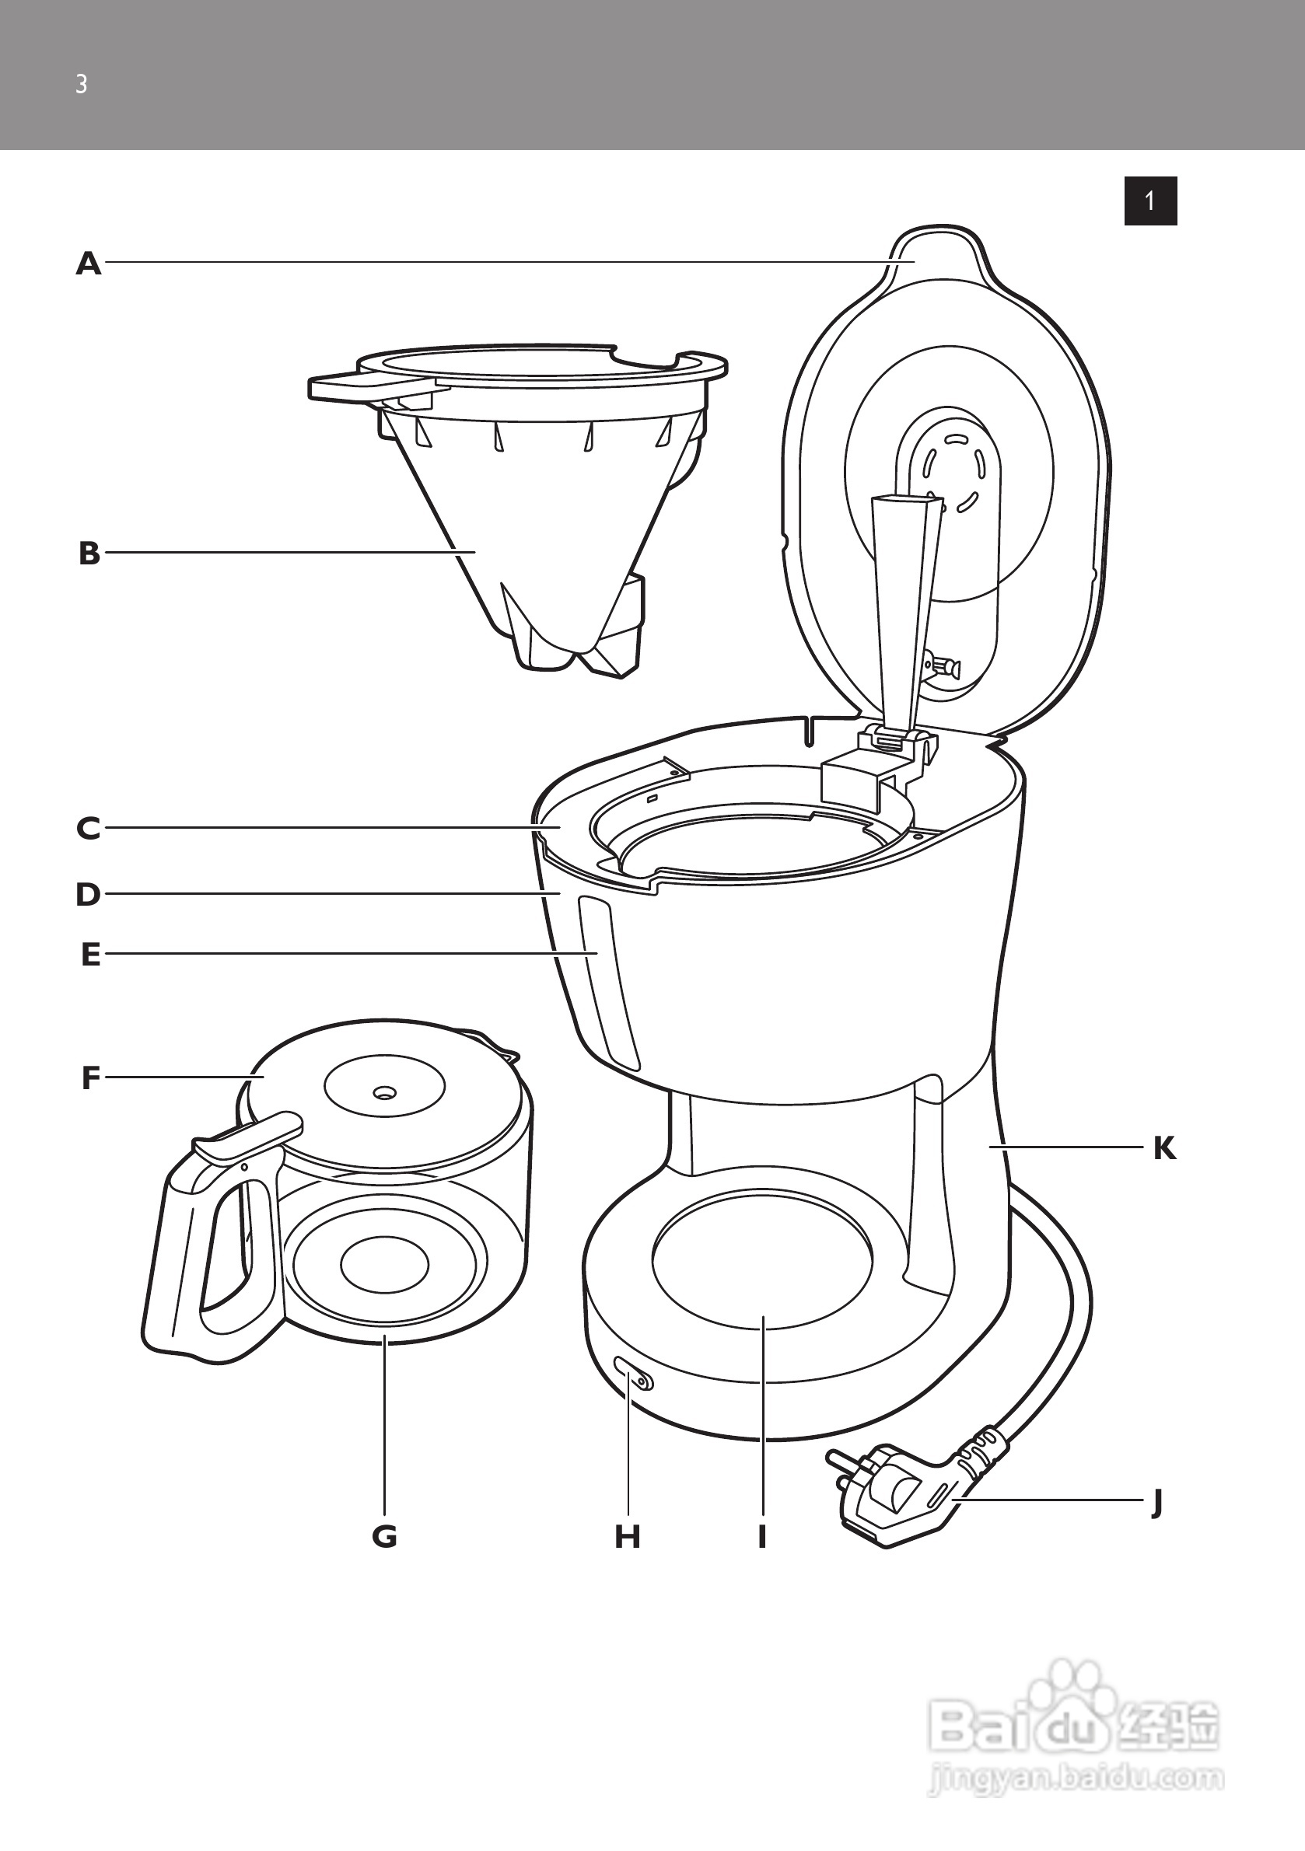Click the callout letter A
(89, 264)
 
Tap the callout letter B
(89, 554)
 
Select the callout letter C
(89, 829)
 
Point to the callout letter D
(89, 895)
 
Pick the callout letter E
(90, 955)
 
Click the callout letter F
(90, 1077)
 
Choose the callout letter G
(385, 1537)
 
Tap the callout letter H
(628, 1537)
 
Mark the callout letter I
(761, 1537)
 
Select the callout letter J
(1157, 1502)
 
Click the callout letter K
(1164, 1148)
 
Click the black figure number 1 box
(1150, 201)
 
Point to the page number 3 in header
(81, 84)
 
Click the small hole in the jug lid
(384, 1093)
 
